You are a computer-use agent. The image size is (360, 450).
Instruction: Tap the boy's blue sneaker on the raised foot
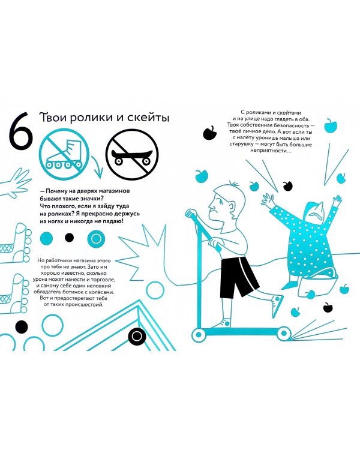[277, 306]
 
